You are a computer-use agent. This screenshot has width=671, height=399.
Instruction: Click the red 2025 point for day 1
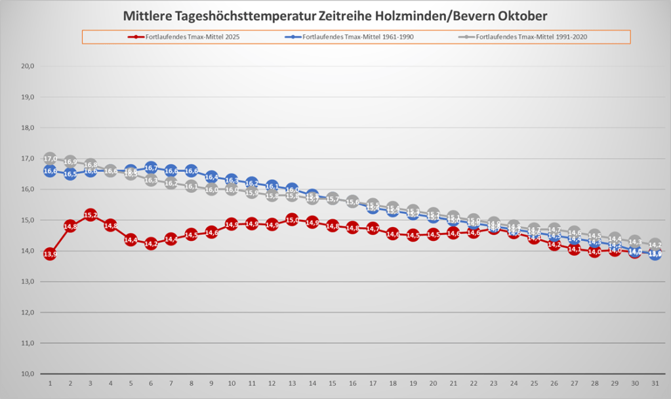click(x=50, y=254)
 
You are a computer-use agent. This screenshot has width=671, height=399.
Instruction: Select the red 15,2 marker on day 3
click(x=91, y=215)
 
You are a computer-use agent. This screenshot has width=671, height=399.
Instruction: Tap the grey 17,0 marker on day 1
click(x=50, y=159)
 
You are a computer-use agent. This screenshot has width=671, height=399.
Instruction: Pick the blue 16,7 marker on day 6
click(x=151, y=168)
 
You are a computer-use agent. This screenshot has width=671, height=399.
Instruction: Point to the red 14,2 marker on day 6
click(x=151, y=243)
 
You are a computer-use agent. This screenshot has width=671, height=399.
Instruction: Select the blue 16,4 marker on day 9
click(x=211, y=177)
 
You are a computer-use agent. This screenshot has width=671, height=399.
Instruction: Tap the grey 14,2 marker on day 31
click(x=655, y=245)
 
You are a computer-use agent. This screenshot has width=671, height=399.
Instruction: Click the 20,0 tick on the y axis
click(x=28, y=66)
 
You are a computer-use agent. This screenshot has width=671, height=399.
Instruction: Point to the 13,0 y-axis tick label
click(x=28, y=282)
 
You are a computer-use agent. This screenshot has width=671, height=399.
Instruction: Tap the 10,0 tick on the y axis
click(x=28, y=374)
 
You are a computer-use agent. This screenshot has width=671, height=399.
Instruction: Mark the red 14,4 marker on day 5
click(x=131, y=240)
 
